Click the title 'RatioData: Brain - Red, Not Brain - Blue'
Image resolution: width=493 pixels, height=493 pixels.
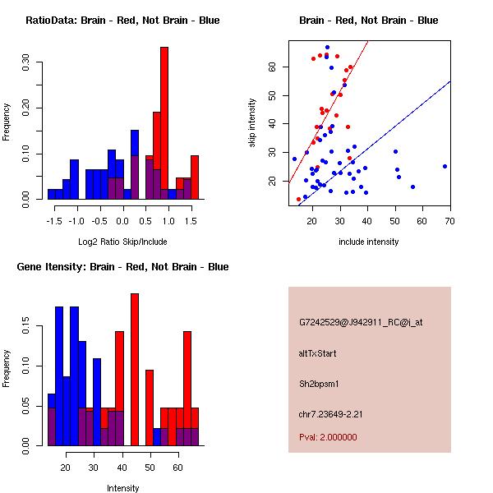coord(122,20)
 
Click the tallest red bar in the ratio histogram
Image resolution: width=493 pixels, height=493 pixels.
coord(164,123)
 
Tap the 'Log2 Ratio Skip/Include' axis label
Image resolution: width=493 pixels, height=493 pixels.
coord(122,241)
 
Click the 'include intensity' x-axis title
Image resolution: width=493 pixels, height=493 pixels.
coord(368,241)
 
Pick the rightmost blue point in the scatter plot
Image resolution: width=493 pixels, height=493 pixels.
coord(445,166)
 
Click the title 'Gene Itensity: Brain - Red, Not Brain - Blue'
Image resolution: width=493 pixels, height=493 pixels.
coord(122,266)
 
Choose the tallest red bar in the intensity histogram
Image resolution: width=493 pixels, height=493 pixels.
coord(135,370)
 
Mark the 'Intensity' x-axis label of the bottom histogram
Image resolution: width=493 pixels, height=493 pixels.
coord(122,488)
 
